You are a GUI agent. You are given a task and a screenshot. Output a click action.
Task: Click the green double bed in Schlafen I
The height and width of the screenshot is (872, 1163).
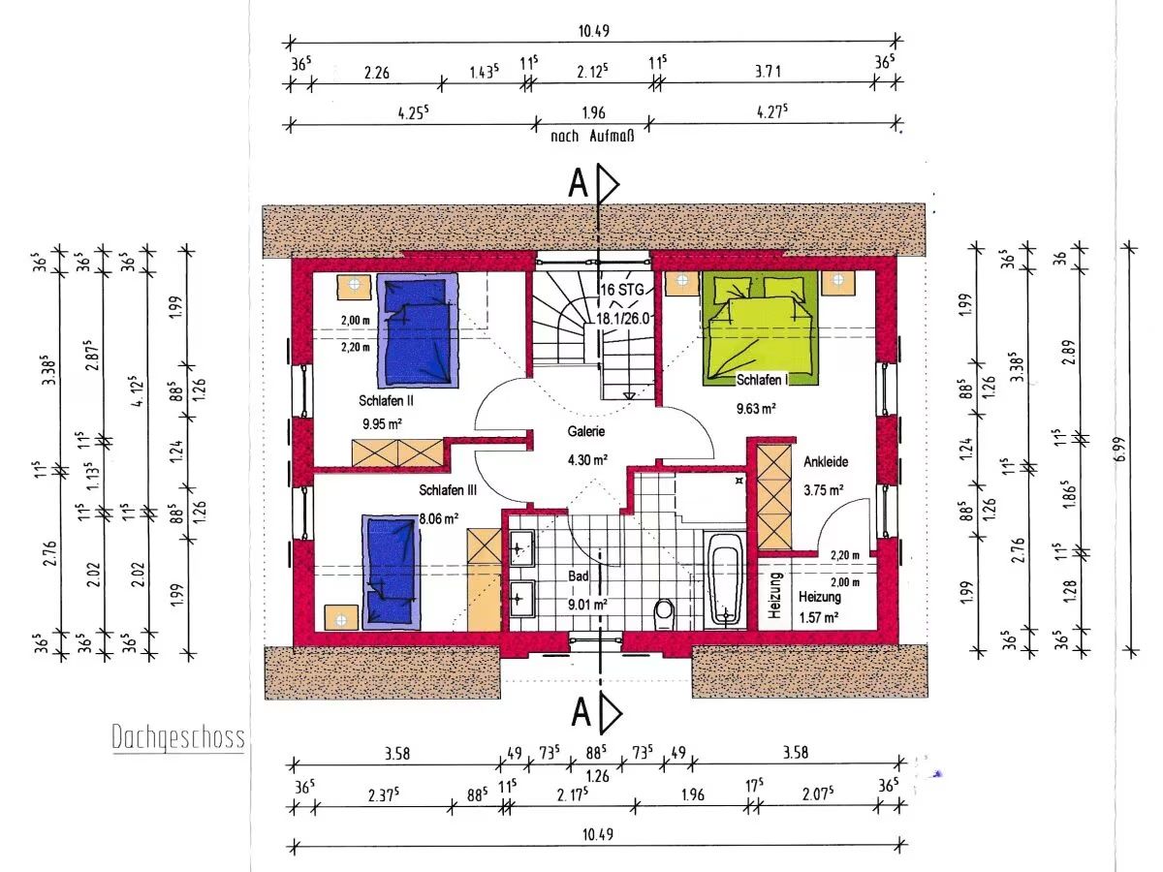pos(760,327)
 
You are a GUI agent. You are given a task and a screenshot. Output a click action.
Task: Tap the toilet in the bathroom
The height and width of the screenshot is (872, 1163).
pos(664,613)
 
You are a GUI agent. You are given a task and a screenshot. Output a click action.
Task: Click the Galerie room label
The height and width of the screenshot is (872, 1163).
pos(586,431)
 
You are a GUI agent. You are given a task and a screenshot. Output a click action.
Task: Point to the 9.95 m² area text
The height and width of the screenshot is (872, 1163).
pos(382,423)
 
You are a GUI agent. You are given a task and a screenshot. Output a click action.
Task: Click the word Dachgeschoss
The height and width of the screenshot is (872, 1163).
pos(178,737)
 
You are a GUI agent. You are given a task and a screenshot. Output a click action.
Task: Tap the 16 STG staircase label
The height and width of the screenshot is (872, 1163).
pos(622,290)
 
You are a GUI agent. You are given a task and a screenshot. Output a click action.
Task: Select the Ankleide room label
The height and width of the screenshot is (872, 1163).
pos(826,462)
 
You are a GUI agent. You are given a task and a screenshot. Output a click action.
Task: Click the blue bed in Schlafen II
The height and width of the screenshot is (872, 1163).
pos(418,330)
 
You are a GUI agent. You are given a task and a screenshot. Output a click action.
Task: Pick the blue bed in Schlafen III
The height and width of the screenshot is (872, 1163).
pos(392,572)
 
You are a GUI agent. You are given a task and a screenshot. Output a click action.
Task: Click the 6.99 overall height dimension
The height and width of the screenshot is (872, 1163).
pos(1119,449)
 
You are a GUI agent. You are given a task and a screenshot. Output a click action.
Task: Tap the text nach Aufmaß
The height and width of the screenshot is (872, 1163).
pos(592,137)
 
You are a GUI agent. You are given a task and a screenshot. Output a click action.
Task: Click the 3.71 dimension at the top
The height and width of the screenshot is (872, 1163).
pos(768,71)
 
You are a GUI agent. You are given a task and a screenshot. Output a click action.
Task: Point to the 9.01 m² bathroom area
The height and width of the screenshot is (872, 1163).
pos(587,604)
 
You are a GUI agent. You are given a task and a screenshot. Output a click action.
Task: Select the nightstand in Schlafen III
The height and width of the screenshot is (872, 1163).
pos(341,619)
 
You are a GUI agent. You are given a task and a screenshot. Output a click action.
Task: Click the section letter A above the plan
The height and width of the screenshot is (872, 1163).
pos(578,183)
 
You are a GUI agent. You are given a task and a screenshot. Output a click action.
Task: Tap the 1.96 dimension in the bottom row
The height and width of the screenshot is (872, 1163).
pos(693,794)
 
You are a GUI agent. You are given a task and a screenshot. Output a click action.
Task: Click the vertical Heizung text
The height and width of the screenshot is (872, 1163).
pos(774,595)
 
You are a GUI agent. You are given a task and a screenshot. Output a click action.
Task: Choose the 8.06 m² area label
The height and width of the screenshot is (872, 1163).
pos(439,518)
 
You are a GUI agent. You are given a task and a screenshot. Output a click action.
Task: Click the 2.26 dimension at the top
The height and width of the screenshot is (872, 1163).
pos(377,73)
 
